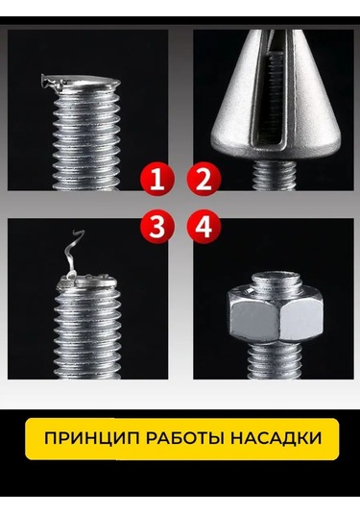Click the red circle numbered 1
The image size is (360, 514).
tap(156, 179)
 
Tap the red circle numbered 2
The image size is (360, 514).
tap(204, 179)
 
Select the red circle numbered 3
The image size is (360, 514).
tap(156, 228)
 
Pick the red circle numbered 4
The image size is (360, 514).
tap(204, 228)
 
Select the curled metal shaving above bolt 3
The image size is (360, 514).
tap(69, 257)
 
